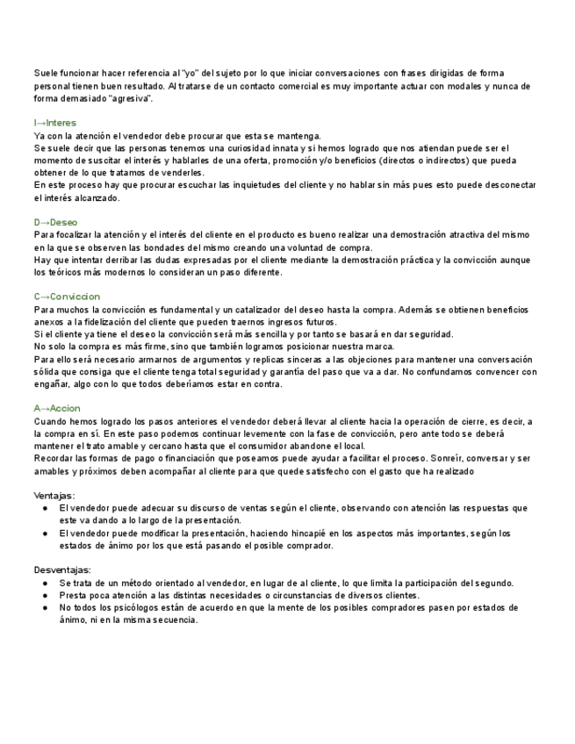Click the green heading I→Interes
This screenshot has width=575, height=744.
[54, 123]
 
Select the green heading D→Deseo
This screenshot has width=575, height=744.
[55, 223]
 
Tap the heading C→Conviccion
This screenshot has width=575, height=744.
[67, 297]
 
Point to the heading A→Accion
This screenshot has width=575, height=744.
[57, 409]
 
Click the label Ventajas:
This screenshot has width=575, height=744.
[54, 496]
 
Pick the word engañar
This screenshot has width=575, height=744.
[54, 384]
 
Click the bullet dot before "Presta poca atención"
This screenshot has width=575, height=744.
[46, 595]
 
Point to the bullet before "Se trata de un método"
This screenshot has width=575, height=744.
[46, 583]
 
